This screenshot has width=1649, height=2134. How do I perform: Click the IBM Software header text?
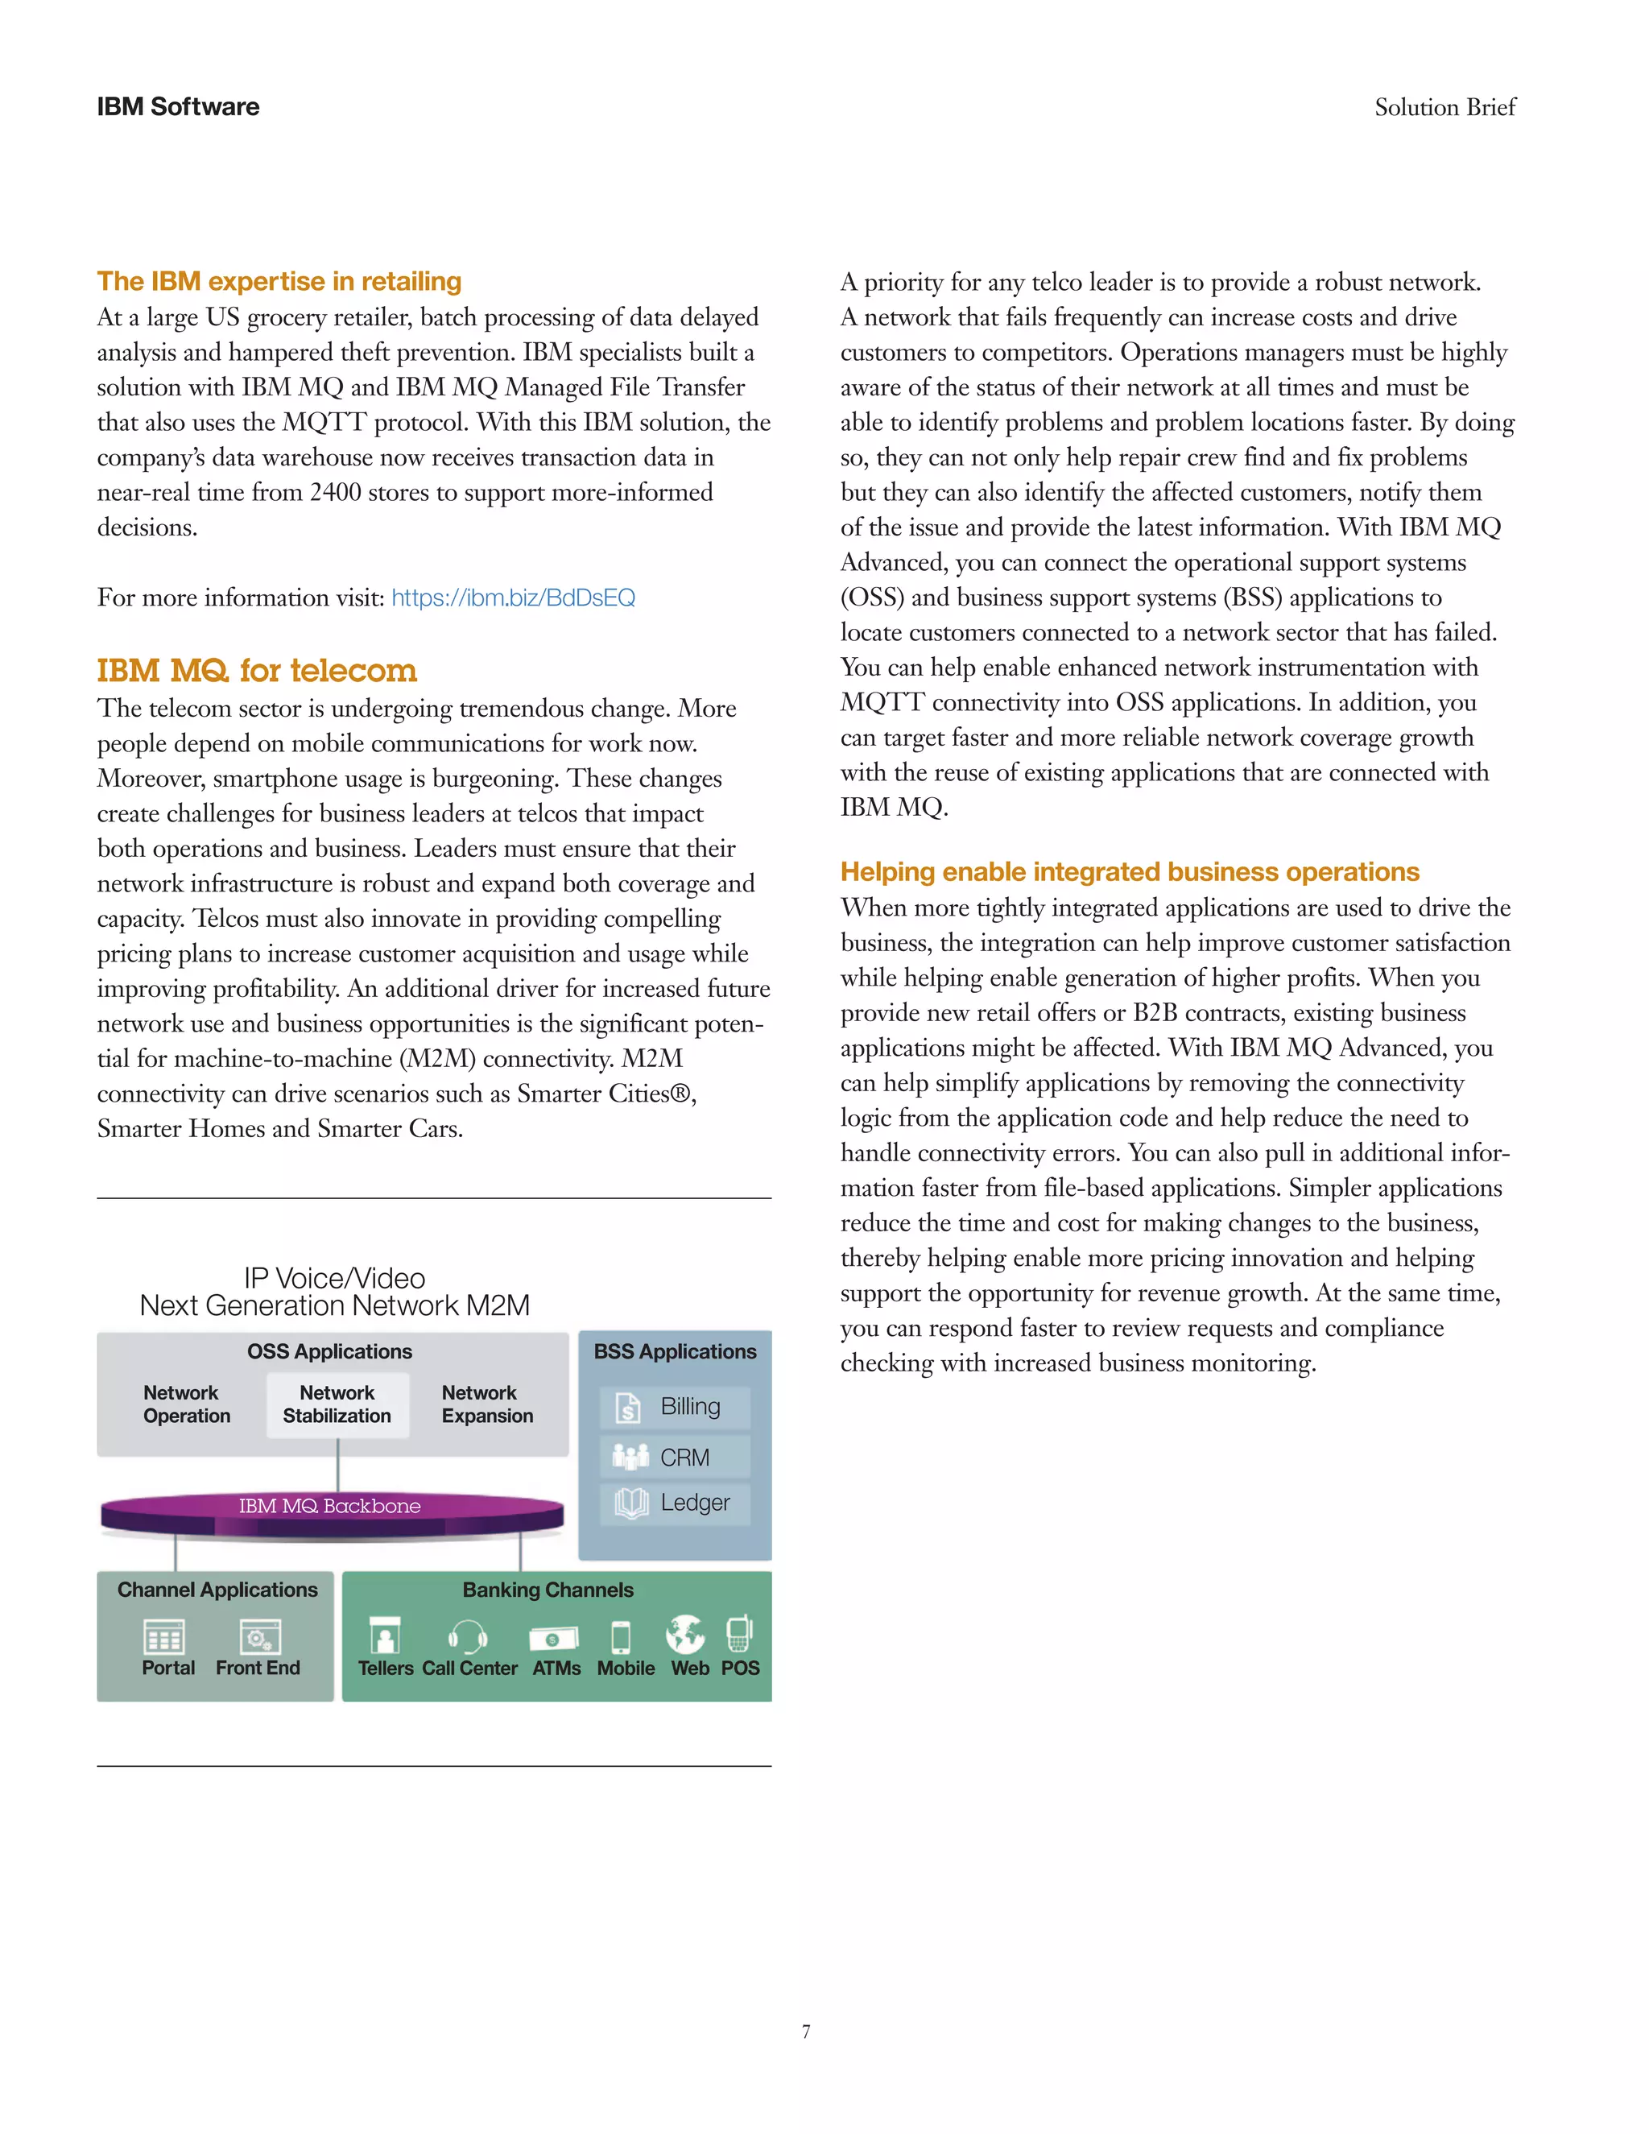point(178,106)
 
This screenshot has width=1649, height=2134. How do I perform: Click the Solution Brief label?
point(1444,107)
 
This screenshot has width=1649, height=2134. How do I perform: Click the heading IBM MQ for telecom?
point(257,670)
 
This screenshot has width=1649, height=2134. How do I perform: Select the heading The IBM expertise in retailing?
point(279,281)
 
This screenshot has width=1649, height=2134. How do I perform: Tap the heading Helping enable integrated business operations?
point(1130,871)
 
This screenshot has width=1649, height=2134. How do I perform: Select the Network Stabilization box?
point(337,1404)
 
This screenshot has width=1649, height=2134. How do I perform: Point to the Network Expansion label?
point(486,1404)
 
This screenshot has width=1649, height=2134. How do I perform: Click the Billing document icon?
point(628,1407)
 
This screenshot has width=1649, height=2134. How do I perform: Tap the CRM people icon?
point(630,1457)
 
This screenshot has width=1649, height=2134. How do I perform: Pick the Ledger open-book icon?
point(631,1503)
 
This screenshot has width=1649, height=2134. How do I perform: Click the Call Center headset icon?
point(468,1636)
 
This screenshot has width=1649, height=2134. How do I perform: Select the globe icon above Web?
point(686,1633)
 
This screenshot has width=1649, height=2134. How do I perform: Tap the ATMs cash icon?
point(554,1638)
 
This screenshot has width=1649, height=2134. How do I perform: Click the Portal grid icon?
point(163,1636)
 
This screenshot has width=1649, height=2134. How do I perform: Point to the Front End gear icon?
point(260,1636)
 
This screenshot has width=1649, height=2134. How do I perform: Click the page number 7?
point(806,2033)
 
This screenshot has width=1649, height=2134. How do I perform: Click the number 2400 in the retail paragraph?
point(335,493)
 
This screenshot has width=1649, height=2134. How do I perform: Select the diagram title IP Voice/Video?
point(334,1278)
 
